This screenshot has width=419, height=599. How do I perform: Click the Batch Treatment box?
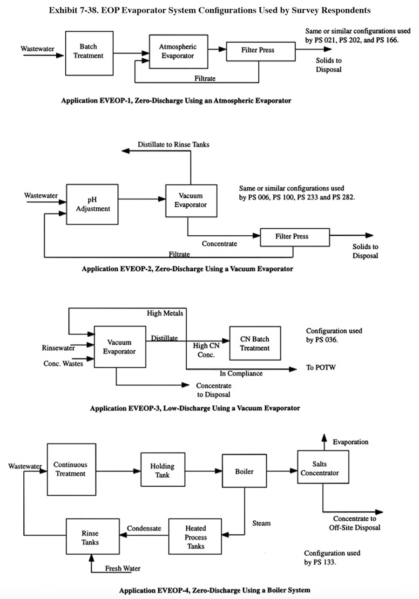pos(88,53)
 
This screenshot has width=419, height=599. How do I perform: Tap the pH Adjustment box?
pos(93,204)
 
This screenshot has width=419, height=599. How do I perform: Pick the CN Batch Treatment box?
pos(255,343)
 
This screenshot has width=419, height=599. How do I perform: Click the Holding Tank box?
pos(162,470)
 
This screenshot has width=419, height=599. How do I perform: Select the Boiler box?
pos(244,471)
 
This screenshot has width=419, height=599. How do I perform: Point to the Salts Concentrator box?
pos(319,469)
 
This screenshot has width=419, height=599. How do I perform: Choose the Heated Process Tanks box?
pos(196,537)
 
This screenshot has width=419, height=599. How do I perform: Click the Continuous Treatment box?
pos(70,469)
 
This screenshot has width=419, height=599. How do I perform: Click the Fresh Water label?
pos(122,568)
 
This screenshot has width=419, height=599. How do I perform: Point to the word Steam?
pos(261,523)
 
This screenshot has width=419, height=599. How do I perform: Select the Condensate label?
pos(144,528)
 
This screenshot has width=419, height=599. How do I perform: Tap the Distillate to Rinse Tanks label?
pos(174,144)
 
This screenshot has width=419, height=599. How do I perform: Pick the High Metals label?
pos(165,313)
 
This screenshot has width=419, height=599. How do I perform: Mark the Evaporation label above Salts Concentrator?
pos(351,442)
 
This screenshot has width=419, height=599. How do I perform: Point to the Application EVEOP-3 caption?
pos(195,408)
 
